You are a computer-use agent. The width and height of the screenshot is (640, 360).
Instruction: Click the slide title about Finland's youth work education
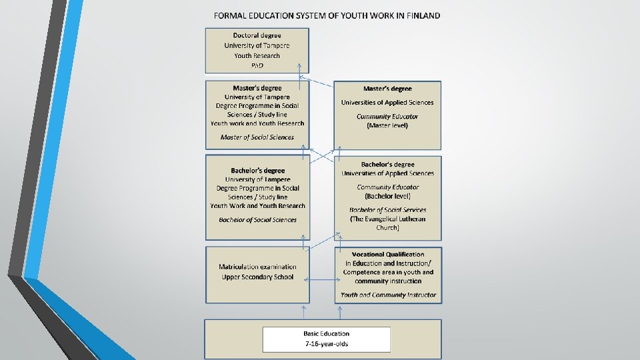tap(327, 15)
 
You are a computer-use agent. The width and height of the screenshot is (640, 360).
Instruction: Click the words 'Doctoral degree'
tap(257, 35)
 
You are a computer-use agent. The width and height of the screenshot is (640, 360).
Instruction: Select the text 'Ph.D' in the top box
tap(257, 65)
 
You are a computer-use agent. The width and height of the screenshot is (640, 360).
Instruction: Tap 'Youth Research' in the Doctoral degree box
tap(257, 55)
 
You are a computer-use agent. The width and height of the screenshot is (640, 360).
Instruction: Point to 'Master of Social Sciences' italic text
tap(257, 137)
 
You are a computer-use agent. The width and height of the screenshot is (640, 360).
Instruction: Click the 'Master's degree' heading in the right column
tap(387, 88)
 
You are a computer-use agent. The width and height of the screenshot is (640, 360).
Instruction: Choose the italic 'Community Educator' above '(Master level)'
tap(387, 117)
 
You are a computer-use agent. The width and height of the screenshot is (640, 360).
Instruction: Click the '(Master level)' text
tap(387, 125)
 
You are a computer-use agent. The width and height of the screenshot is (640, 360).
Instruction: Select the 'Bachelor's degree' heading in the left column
tap(257, 171)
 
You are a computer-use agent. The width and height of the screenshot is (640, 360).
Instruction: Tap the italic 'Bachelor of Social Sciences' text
tap(257, 220)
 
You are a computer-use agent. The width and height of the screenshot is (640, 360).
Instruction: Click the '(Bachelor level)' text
tap(387, 196)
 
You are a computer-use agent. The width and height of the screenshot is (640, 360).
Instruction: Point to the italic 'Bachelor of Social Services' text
tap(387, 210)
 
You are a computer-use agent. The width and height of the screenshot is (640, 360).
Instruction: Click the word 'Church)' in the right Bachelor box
tap(387, 227)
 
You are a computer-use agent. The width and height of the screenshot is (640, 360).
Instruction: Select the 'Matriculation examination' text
tap(257, 267)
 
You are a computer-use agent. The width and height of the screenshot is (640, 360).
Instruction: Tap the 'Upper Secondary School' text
tap(257, 277)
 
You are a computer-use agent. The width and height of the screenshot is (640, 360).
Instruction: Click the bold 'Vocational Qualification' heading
tap(388, 254)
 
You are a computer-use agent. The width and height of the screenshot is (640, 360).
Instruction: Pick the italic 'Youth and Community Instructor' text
tap(388, 295)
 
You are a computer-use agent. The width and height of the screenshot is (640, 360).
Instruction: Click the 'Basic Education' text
tap(327, 334)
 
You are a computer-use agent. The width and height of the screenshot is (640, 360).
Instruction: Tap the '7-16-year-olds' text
tap(327, 344)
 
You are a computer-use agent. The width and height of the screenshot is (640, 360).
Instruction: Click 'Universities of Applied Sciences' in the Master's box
tap(387, 103)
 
